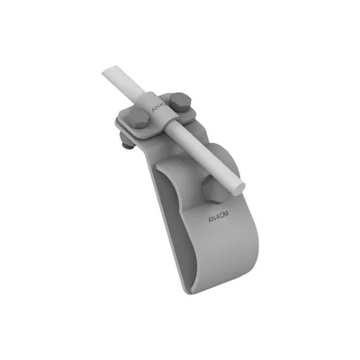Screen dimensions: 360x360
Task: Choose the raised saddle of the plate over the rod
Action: click(x=162, y=117)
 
